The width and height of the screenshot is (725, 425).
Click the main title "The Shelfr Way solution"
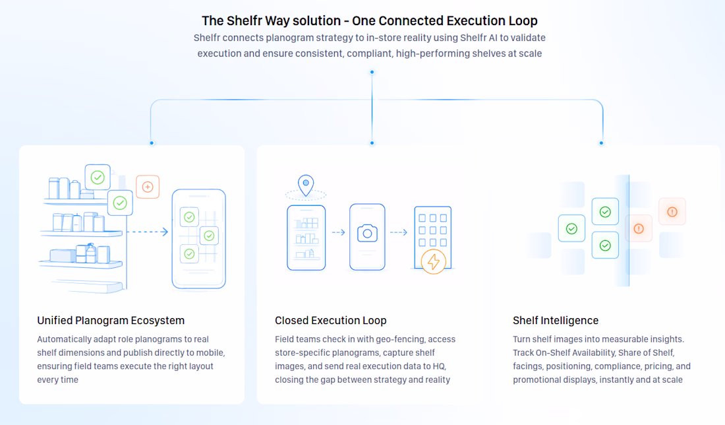click(x=272, y=21)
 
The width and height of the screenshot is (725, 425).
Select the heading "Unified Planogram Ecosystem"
click(x=111, y=320)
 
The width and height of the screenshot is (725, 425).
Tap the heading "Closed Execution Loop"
click(x=331, y=320)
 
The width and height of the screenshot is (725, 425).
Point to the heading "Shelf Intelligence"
click(x=556, y=320)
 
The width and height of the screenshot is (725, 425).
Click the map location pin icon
click(x=306, y=185)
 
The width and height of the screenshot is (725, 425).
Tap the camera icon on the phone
click(x=367, y=233)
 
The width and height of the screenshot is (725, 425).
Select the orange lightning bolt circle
click(x=433, y=261)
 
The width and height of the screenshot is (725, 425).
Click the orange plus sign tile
click(x=148, y=187)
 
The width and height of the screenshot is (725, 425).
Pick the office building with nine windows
click(x=433, y=237)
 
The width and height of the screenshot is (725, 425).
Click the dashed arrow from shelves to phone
click(x=148, y=232)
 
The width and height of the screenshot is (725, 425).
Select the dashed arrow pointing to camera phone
click(x=339, y=232)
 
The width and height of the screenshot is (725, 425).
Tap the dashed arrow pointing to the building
click(x=399, y=232)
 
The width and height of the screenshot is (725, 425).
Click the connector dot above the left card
click(x=152, y=143)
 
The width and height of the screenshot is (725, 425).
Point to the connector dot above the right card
click(x=601, y=143)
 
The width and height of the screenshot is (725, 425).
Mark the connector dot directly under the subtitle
click(x=372, y=72)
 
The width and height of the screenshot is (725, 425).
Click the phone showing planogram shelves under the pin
click(x=306, y=238)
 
